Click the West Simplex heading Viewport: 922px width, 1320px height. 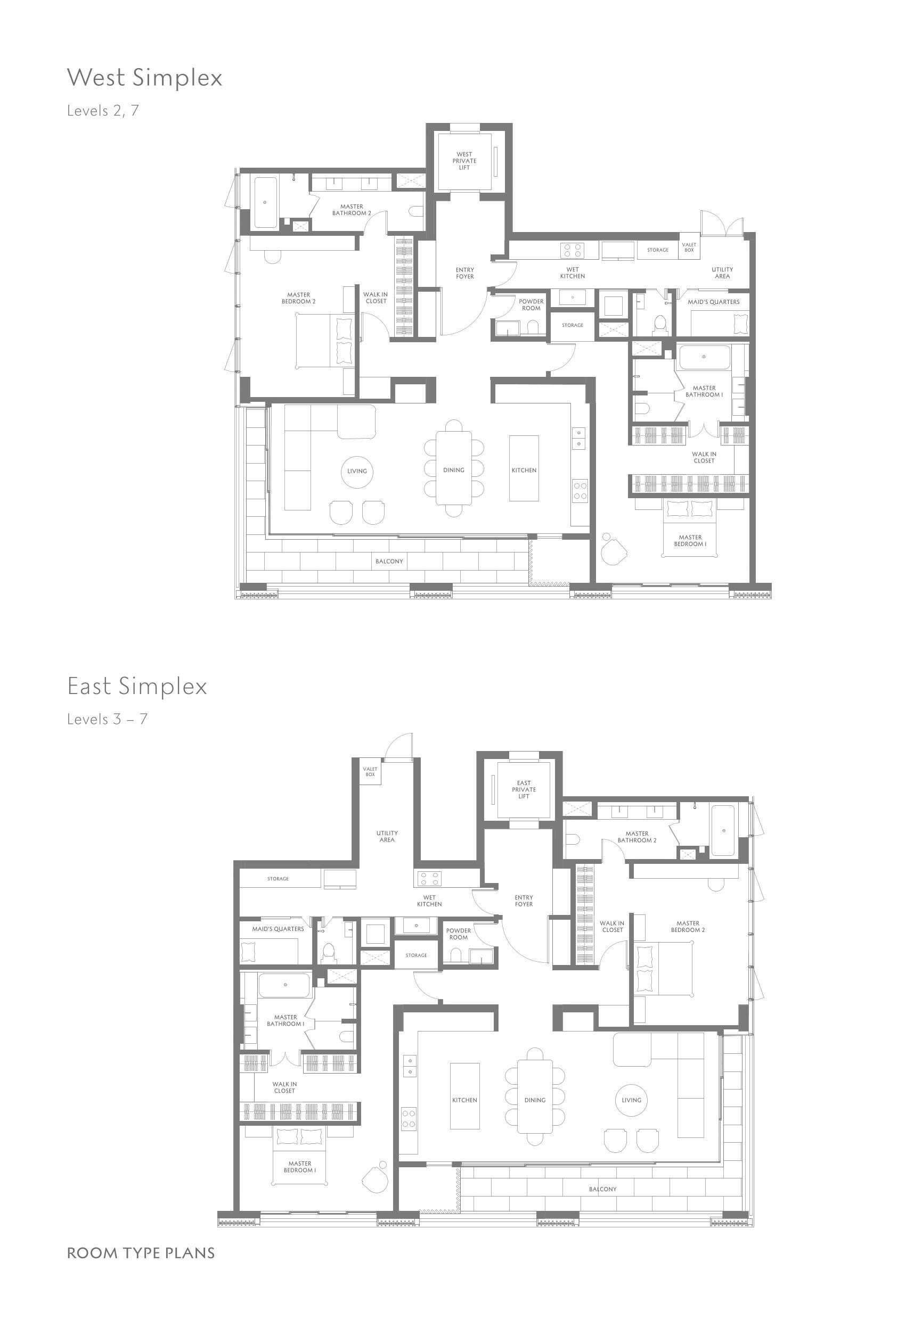[x=144, y=78]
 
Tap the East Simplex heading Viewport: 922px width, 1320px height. [x=137, y=686]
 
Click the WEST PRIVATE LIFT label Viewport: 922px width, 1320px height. [x=464, y=161]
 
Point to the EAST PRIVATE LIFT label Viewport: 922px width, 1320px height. [x=524, y=789]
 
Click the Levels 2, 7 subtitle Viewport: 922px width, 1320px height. [x=103, y=110]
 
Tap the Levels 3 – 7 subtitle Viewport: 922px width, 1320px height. [x=107, y=719]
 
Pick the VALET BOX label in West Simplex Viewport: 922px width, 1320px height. [x=689, y=247]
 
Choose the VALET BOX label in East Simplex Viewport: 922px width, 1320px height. [x=370, y=772]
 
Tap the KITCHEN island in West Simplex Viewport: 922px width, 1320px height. [x=524, y=468]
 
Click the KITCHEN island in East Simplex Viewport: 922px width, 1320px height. [x=465, y=1096]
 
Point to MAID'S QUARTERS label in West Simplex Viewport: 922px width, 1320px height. [x=714, y=302]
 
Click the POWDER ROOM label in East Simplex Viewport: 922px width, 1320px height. [x=459, y=934]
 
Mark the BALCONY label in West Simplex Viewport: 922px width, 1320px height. [x=389, y=561]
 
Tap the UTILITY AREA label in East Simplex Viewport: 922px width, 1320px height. [x=387, y=837]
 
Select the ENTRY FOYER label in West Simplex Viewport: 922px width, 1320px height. [x=465, y=273]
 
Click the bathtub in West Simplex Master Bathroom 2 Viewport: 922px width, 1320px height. [x=265, y=202]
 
